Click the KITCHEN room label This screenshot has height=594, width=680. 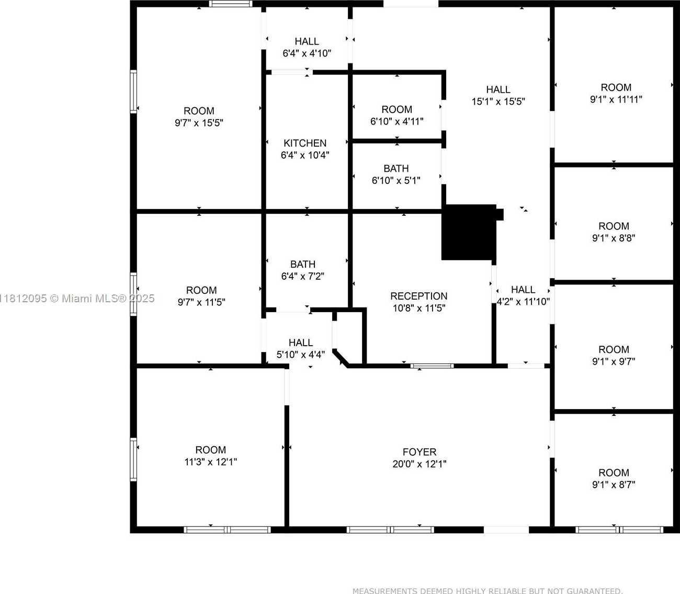point(305,143)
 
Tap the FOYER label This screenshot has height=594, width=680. point(420,452)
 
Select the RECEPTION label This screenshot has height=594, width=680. point(419,296)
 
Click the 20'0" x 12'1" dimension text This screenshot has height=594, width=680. point(420,464)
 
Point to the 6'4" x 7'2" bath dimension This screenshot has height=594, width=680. point(302,276)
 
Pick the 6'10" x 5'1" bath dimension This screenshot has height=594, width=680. point(396,180)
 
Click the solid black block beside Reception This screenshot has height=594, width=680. point(469,232)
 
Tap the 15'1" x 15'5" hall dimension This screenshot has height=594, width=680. point(498,101)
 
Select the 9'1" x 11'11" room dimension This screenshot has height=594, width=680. point(616,99)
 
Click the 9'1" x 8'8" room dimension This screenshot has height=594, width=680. point(614,238)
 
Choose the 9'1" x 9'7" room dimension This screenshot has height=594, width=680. point(614,361)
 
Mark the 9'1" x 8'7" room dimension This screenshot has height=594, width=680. point(614,485)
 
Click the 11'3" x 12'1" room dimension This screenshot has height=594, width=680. point(211,462)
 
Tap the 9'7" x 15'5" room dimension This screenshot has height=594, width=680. point(199,123)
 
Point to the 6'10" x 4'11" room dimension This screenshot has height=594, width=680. point(397,121)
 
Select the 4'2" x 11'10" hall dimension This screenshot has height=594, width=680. point(523,302)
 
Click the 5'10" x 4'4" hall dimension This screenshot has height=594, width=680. point(300,355)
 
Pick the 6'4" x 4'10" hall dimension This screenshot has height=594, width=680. point(307,53)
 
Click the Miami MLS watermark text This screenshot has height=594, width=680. point(77,298)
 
